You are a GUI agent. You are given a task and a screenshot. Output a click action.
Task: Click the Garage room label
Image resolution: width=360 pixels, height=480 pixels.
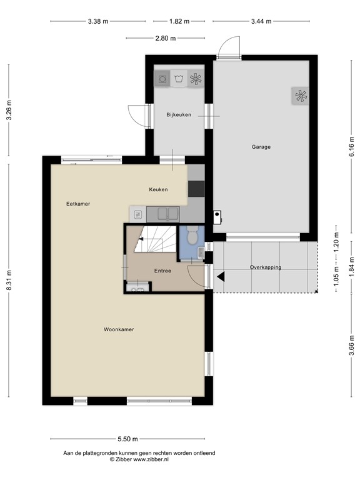coord(261,147)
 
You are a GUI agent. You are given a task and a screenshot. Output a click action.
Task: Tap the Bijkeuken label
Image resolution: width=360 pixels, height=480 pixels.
coord(179,115)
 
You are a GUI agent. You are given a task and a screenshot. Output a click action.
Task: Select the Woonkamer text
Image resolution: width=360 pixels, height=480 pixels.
coord(119,330)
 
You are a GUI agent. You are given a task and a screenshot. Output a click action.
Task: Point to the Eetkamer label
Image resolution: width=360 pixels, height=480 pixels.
coord(78,204)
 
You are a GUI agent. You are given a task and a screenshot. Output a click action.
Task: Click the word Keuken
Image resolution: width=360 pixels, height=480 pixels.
coord(158,190)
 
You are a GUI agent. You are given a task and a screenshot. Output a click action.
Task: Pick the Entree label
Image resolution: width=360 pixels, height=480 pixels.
coord(162,271)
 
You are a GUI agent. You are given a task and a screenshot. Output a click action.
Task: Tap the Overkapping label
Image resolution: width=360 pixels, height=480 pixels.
coord(266,267)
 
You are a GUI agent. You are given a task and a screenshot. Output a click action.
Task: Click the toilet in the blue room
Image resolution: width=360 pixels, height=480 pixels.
coord(192,236)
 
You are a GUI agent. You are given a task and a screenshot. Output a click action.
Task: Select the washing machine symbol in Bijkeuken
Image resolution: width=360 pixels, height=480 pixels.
coord(162,79)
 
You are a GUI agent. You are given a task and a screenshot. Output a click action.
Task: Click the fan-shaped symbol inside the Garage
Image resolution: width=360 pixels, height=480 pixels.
coord(301,96)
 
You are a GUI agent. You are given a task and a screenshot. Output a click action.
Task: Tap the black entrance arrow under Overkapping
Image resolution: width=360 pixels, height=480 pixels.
coord(221,277)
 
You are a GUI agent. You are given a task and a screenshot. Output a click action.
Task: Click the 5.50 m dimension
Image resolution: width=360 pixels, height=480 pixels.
coord(127,439)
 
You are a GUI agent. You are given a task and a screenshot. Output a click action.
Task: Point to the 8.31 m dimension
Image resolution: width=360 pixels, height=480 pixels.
coord(9,281)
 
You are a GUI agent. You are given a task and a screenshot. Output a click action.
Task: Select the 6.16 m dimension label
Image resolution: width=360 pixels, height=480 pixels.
coord(351,147)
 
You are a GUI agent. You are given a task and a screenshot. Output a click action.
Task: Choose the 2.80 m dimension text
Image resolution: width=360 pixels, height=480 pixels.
coord(166,38)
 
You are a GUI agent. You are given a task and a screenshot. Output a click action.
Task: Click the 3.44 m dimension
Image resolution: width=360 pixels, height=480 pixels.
coord(261,21)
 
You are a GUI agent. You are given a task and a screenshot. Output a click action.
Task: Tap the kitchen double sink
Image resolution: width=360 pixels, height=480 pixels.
coord(168,214)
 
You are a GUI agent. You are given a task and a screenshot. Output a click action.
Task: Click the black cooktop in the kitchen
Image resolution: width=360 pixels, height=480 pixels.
coord(196,189)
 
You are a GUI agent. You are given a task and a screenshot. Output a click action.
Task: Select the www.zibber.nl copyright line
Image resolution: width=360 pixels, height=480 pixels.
coord(139,459)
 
